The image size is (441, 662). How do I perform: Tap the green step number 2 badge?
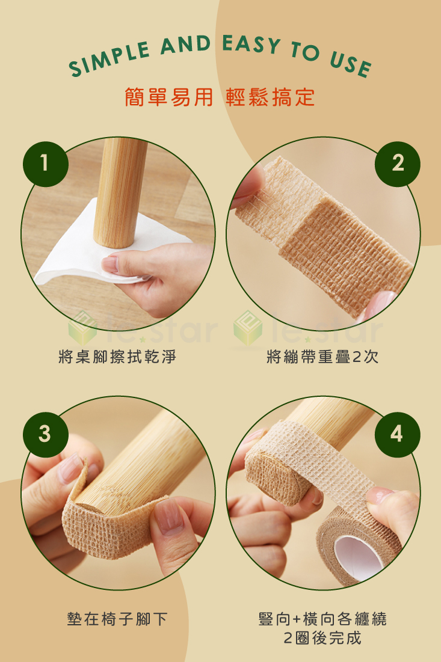pyautogui.click(x=397, y=164)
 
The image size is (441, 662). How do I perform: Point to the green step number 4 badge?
pyautogui.click(x=397, y=434)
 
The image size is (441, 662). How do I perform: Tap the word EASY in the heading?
pyautogui.click(x=251, y=45)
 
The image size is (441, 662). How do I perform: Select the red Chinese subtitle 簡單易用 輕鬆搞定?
pyautogui.click(x=220, y=97)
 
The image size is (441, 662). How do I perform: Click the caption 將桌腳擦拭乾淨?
pyautogui.click(x=118, y=357)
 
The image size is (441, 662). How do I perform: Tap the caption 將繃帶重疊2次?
pyautogui.click(x=322, y=357)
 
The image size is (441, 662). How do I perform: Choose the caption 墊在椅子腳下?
pyautogui.click(x=118, y=619)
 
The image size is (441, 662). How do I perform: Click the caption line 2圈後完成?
pyautogui.click(x=322, y=638)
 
